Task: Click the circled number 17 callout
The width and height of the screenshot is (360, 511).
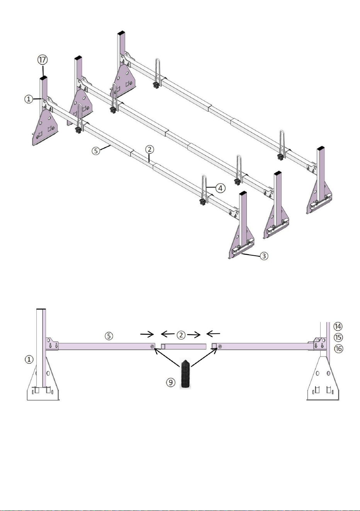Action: tap(42, 60)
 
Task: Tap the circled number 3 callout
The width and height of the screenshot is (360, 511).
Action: tap(264, 256)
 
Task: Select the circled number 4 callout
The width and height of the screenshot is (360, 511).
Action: tap(221, 188)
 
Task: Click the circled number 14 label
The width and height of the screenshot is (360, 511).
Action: tap(338, 326)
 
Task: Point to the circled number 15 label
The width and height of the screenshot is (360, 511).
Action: tap(338, 337)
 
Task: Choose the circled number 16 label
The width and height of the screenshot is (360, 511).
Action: tap(338, 349)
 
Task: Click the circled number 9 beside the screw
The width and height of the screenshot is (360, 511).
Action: tap(171, 382)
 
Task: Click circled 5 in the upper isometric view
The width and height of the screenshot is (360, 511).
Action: tap(96, 151)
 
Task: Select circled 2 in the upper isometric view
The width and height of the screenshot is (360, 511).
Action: tap(149, 149)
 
